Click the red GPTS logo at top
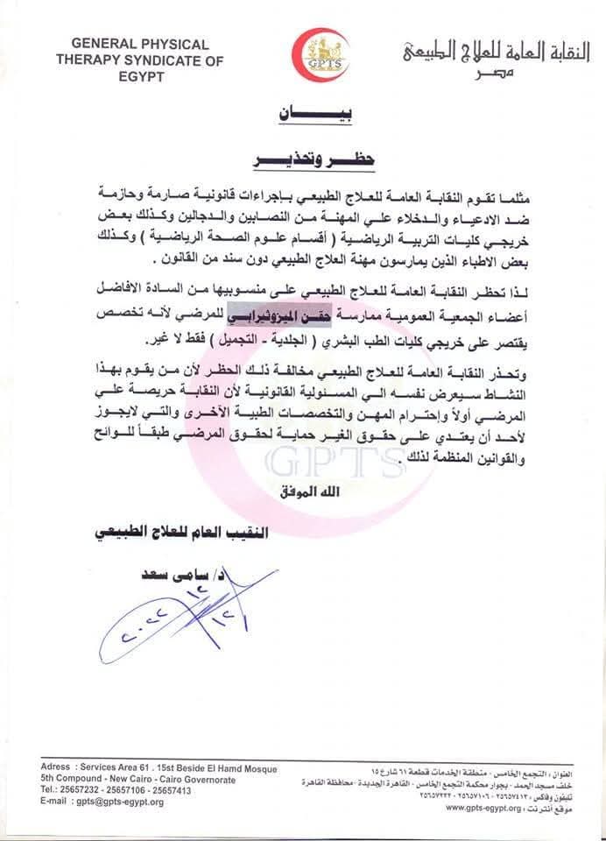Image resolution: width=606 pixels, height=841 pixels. click(321, 54)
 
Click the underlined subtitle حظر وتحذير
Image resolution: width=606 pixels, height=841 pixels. click(300, 162)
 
